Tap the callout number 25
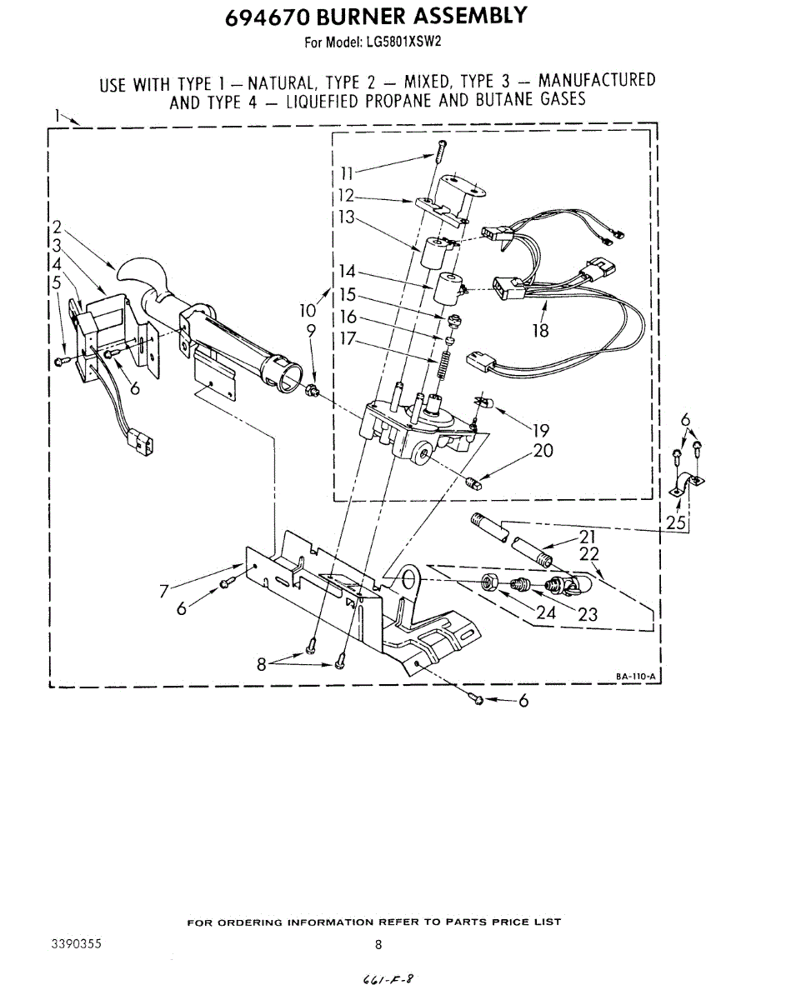click(x=676, y=522)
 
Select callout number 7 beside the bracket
click(x=164, y=592)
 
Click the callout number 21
click(x=588, y=537)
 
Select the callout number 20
click(x=543, y=451)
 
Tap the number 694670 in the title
click(x=265, y=16)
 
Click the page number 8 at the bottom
click(x=378, y=944)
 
